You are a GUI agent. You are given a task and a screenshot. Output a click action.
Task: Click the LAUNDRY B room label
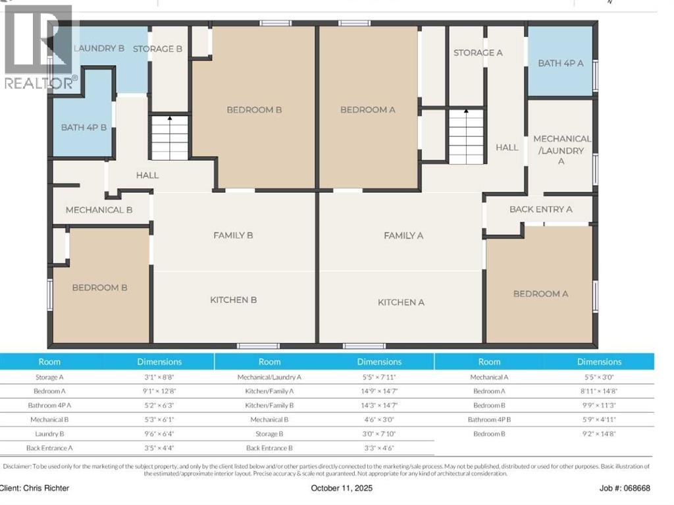99,48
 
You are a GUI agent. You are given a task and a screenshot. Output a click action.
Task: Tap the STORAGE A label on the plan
478,53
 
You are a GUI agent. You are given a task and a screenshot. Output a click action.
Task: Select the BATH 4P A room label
561,63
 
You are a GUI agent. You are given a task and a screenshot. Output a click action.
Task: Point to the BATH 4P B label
84,127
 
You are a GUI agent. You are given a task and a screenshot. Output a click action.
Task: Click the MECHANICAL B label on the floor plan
99,210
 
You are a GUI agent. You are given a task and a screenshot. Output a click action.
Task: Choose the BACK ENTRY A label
540,209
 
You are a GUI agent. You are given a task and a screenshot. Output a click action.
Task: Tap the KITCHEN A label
401,302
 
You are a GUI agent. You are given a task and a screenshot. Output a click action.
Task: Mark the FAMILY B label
233,235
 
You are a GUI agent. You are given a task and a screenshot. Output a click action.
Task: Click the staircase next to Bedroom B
170,138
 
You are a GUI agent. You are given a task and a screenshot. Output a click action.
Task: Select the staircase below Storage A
466,136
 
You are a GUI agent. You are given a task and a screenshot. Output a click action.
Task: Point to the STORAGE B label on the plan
157,49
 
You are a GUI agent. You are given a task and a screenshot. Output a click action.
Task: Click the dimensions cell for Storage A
159,377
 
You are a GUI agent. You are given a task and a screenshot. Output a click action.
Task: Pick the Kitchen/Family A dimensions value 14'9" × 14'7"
379,391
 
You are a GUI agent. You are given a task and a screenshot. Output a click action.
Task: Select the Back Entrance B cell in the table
269,448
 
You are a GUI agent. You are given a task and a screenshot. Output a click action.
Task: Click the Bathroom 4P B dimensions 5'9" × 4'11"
599,419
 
